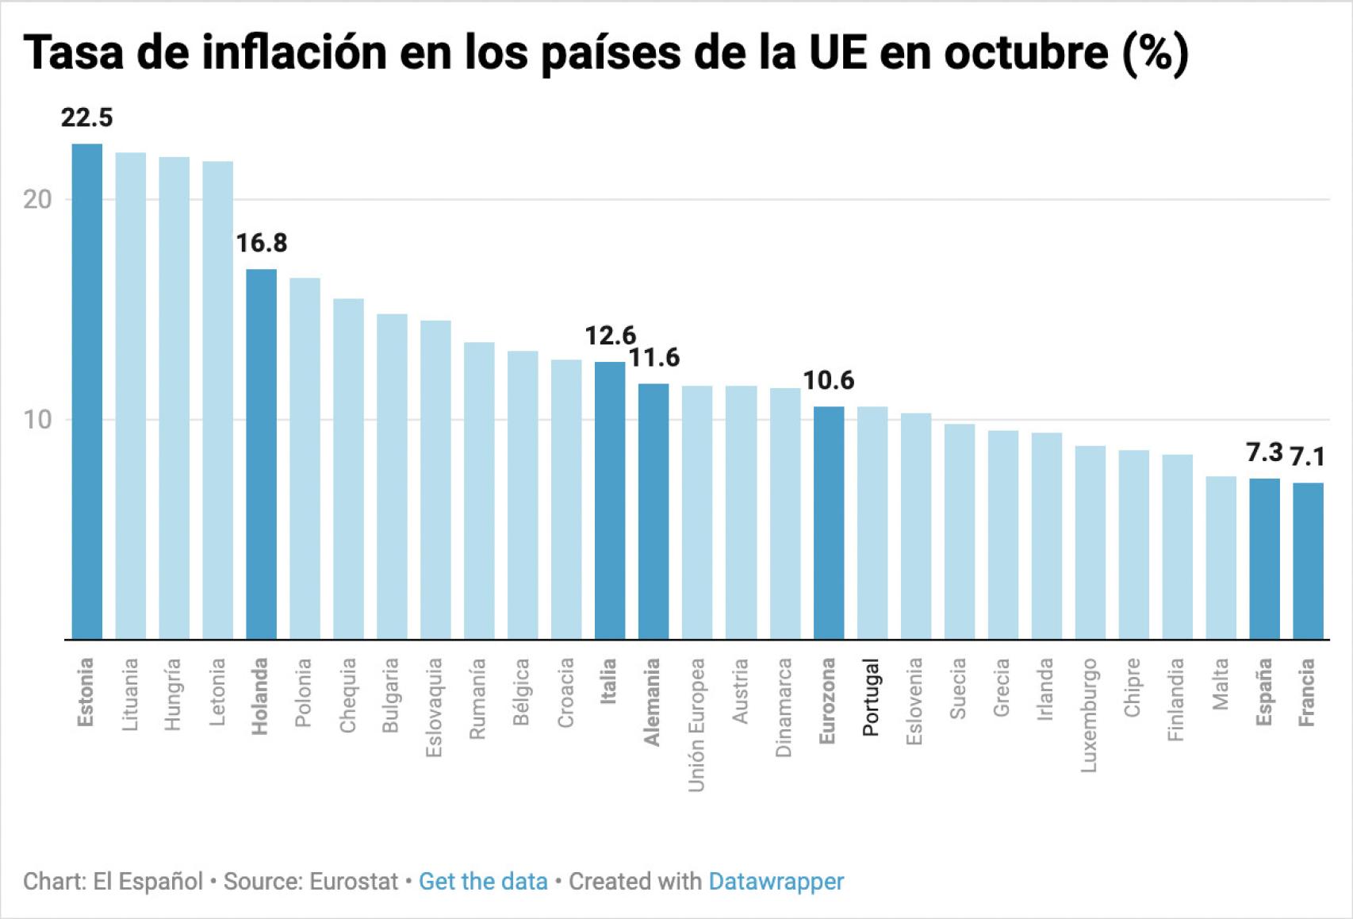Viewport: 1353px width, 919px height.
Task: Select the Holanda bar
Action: click(x=261, y=454)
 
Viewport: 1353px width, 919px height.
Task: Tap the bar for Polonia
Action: click(x=305, y=458)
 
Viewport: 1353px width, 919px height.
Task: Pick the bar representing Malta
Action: click(x=1221, y=557)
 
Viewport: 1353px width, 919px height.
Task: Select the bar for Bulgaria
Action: click(x=392, y=476)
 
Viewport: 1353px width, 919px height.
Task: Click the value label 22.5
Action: click(x=87, y=118)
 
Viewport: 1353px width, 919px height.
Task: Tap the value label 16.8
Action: click(x=262, y=243)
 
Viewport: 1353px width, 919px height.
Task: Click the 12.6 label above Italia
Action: click(x=610, y=336)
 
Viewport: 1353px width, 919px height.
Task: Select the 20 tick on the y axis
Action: click(x=37, y=199)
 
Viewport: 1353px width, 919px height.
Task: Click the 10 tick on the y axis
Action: click(x=37, y=420)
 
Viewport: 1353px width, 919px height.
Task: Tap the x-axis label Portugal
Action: click(x=871, y=697)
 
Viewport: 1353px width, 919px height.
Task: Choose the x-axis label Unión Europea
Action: click(x=696, y=725)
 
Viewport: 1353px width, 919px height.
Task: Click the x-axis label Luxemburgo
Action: click(x=1089, y=714)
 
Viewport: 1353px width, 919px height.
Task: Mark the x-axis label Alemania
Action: click(x=652, y=702)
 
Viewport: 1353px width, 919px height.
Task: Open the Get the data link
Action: click(x=483, y=882)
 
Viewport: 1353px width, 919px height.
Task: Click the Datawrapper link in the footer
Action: click(x=776, y=882)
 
